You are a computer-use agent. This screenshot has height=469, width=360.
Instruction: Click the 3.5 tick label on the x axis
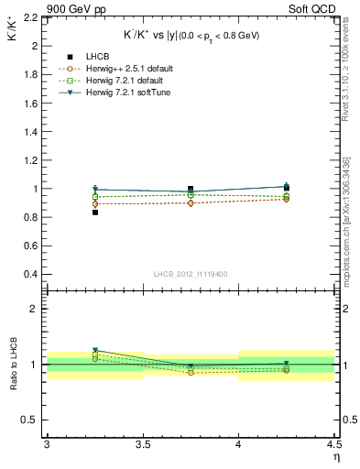142,445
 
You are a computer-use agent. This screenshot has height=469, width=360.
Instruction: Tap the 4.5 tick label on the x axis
333,445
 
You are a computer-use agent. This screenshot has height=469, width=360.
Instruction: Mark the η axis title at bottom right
335,456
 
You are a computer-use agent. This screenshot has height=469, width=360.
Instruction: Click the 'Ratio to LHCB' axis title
12,364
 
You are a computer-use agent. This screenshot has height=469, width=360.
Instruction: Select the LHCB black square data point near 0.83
94,213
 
